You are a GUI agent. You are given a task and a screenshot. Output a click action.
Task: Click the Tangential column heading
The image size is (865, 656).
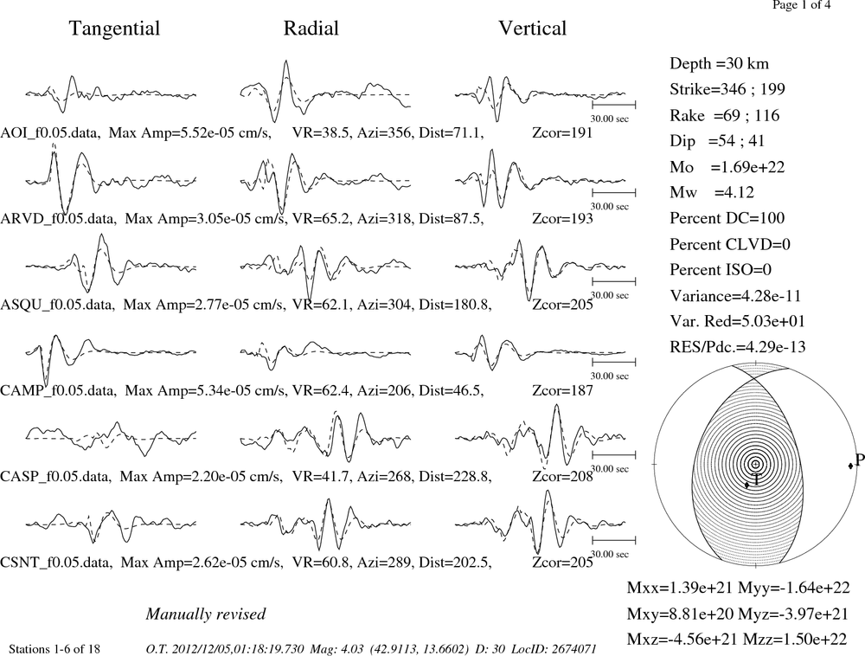point(114,29)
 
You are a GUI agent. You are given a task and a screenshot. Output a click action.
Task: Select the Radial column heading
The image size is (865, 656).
point(311,29)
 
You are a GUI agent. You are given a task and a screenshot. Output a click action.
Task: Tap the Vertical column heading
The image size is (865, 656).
point(532,29)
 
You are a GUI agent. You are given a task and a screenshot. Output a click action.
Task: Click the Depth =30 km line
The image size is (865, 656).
point(719,63)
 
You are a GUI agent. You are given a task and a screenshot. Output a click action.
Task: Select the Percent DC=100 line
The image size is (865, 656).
point(727,218)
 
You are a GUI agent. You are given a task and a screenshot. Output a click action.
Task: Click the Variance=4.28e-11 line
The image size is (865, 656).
point(734,296)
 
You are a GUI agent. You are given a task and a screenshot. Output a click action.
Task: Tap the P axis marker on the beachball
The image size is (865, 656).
point(850,466)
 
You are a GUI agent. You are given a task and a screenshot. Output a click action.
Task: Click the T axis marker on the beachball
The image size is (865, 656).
point(747,485)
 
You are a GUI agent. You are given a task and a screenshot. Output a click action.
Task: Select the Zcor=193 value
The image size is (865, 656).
point(563,219)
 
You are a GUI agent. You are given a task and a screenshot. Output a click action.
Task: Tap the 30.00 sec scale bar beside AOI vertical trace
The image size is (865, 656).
point(614,105)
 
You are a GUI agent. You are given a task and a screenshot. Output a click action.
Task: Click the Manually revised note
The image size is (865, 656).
point(206,614)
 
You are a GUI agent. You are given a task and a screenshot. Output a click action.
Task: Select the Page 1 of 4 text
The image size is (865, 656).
point(802,5)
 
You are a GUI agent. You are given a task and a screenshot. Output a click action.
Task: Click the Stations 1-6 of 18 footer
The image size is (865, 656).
point(55,649)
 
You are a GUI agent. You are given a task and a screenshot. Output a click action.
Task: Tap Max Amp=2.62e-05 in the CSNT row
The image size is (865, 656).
point(202,563)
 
